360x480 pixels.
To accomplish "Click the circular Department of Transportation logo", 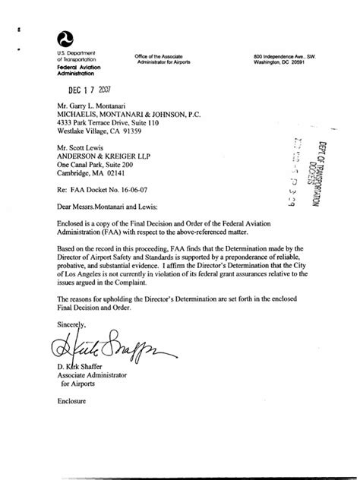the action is [x=66, y=39].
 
